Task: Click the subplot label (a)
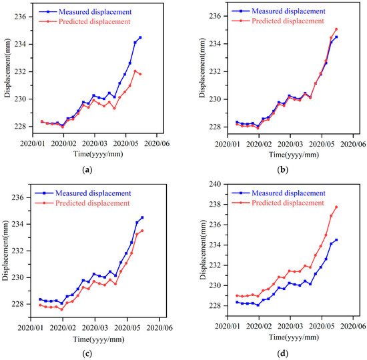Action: point(87,171)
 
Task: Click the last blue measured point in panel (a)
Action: point(140,37)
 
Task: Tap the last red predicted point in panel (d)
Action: point(336,207)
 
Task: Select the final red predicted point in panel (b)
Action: point(336,29)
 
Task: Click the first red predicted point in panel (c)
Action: point(41,305)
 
